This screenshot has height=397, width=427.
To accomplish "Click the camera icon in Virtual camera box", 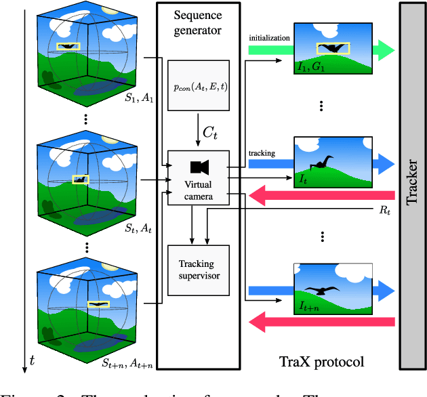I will tap(199, 167).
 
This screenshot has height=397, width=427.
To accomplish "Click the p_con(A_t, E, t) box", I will tap(199, 85).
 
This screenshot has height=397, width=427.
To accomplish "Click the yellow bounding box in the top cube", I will tap(68, 47).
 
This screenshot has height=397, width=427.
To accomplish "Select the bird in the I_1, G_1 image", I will tap(333, 49).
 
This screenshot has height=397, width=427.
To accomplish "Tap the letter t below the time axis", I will tap(30, 362).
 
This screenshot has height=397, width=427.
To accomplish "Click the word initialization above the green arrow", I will tap(270, 38).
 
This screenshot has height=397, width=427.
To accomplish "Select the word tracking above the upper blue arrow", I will tap(262, 153).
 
